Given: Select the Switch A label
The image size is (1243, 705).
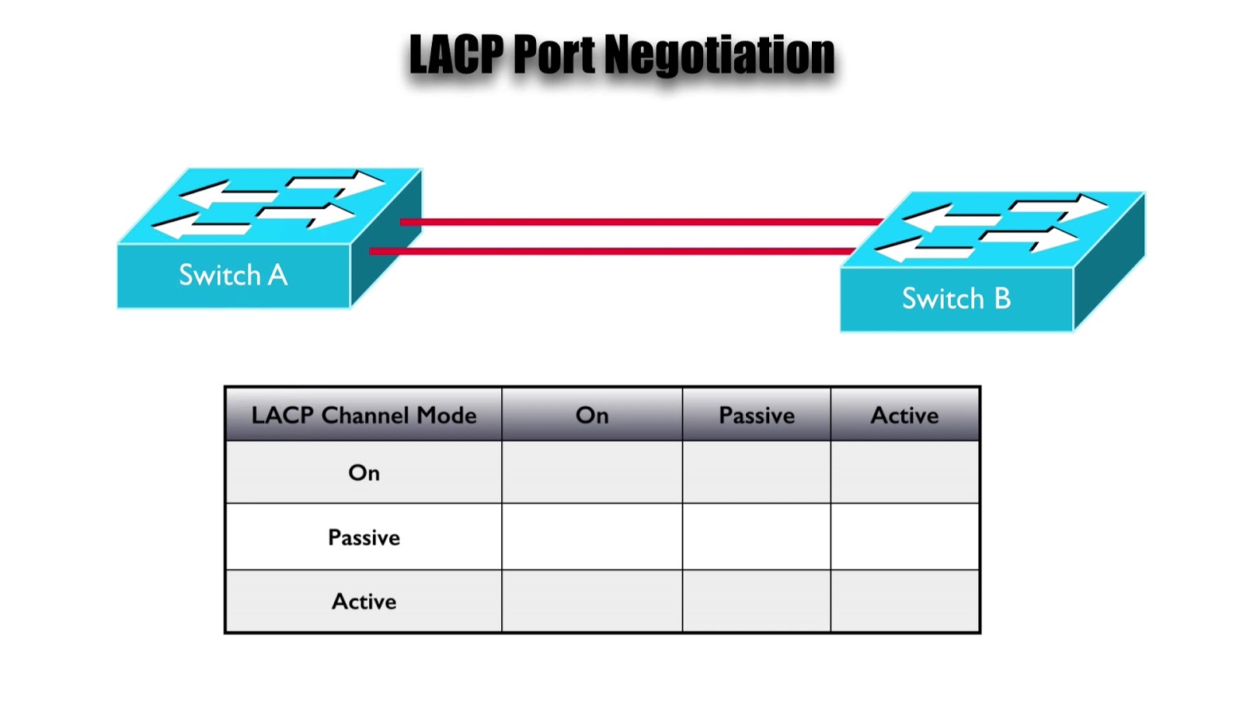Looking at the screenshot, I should point(233,275).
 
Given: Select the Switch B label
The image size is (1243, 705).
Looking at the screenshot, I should point(956,299).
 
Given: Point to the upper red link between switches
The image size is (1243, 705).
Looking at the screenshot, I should point(641,222).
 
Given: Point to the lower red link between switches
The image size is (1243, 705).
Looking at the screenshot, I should point(614,251).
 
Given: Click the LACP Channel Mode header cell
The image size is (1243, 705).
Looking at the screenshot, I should point(364,415).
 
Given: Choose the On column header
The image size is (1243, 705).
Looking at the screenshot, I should point(592,415).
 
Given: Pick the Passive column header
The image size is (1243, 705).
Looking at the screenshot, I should point(757,415).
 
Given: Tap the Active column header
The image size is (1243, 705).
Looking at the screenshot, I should point(904,415).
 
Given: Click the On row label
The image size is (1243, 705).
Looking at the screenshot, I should point(364,473).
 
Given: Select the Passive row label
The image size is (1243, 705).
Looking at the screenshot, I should point(364,537).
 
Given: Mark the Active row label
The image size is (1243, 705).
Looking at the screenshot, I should point(364,602).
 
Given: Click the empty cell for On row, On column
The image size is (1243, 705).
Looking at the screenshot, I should point(592,472).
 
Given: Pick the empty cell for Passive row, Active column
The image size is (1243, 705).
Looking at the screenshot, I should point(904,537).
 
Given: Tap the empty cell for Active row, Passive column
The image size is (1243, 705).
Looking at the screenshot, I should point(757,601).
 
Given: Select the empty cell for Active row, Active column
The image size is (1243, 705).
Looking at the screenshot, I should point(904,601).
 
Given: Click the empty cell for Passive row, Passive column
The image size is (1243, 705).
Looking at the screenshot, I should point(757,537).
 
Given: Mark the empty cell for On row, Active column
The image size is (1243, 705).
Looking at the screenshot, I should point(904,472).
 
